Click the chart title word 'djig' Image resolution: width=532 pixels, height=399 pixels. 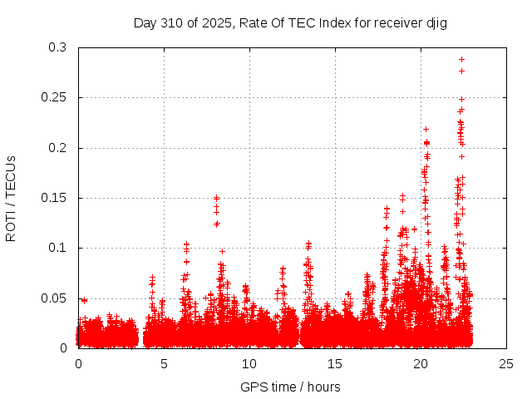coord(436,23)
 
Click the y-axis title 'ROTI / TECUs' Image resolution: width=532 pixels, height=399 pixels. coord(11,198)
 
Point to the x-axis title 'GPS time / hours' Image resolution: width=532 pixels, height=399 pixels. coord(290,387)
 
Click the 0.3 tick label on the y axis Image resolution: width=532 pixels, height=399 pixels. coord(58,48)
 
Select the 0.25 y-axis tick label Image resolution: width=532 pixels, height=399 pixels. coord(55,98)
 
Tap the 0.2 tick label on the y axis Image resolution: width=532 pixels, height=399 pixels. coord(58,148)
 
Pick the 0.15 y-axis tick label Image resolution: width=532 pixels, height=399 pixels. coord(55,198)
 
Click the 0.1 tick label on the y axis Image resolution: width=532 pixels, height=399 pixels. coord(58,248)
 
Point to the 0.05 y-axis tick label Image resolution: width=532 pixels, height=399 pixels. coord(55,298)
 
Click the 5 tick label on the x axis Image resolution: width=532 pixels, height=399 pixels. coord(164,363)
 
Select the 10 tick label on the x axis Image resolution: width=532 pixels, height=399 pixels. coord(249,363)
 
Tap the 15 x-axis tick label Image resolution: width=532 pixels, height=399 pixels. coord(335,363)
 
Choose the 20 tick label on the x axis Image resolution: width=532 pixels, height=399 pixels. coord(421,363)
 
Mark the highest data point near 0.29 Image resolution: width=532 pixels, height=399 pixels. coord(461,59)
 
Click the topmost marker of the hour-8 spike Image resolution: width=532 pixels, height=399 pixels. coord(217,198)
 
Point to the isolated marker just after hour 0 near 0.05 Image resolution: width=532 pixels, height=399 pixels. coord(84,300)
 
